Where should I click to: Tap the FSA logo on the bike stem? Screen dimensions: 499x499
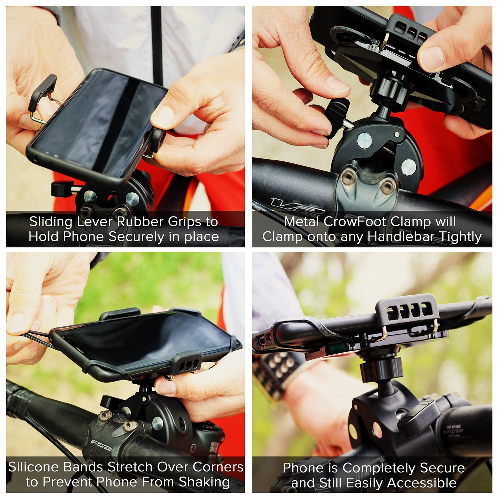(x=101, y=445)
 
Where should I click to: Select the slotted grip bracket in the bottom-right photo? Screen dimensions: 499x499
(x=407, y=311)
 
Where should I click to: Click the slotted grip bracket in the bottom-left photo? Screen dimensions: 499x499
(x=186, y=362)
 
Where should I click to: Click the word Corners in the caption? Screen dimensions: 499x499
(x=218, y=467)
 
